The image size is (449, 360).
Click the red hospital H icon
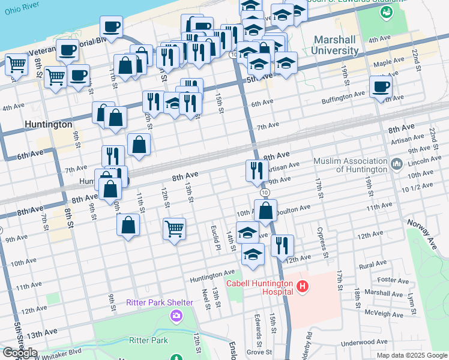pyautogui.click(x=302, y=287)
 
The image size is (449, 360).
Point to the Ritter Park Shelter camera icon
pyautogui.click(x=176, y=315)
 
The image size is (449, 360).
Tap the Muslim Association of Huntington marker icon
pyautogui.click(x=396, y=164)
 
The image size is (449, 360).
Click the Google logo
pyautogui.click(x=20, y=353)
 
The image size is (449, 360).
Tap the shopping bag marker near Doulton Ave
pyautogui.click(x=265, y=211)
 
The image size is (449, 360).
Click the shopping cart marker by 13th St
pyautogui.click(x=174, y=229)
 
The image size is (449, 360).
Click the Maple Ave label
pyautogui.click(x=390, y=62)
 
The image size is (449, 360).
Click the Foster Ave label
pyautogui.click(x=393, y=280)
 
